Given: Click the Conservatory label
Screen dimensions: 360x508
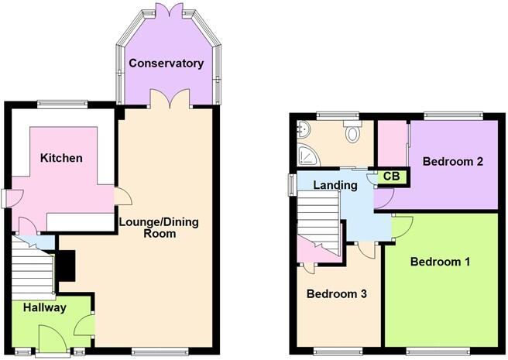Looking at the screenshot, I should click(166, 63).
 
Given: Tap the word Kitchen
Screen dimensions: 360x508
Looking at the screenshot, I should click(61, 158).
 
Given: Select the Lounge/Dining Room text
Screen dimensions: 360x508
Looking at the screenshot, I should click(158, 228).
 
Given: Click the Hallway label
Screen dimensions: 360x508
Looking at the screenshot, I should click(44, 308).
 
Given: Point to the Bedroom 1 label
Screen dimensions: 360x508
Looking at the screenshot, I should click(440, 262).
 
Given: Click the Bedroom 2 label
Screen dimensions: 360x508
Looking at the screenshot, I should click(453, 162).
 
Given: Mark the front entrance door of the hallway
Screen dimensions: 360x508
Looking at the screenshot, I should click(53, 338).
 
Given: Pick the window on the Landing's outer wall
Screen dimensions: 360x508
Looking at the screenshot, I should click(292, 185).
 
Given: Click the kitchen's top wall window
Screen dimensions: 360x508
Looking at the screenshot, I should click(63, 103).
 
